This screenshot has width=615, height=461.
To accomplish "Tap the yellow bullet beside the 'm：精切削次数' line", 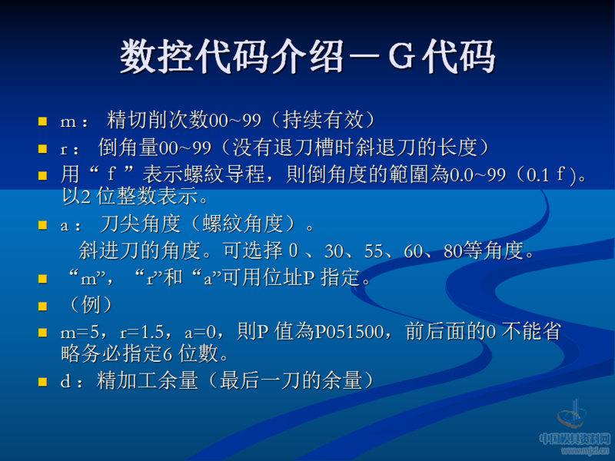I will click(x=43, y=121).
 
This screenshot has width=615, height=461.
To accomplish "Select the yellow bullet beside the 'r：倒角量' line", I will click(x=43, y=147).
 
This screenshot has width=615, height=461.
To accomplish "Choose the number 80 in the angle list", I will click(x=454, y=250).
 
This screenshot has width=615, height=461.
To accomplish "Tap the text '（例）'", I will click(x=87, y=304).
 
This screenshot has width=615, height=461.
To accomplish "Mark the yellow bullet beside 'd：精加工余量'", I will click(x=43, y=380).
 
